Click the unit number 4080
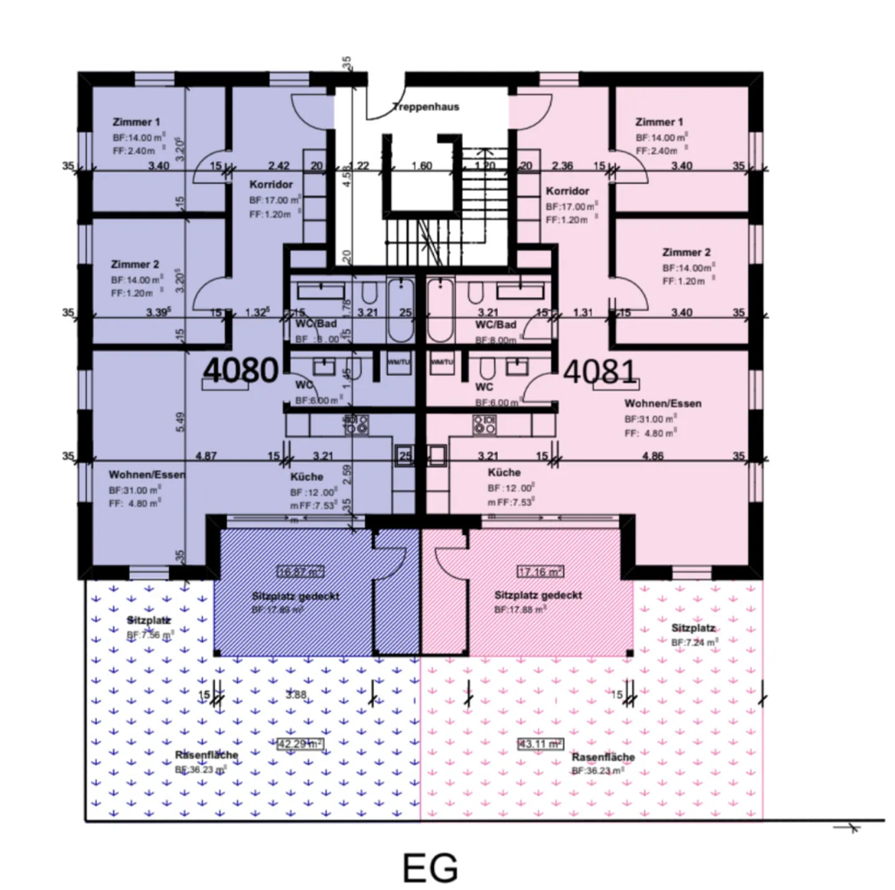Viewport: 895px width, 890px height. tap(240, 370)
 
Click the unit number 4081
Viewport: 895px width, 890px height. tap(600, 372)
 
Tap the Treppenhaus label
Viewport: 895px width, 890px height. tap(426, 107)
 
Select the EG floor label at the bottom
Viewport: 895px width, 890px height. tap(430, 868)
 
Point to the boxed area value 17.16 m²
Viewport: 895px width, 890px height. tap(540, 571)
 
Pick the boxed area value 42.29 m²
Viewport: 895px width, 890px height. tap(300, 744)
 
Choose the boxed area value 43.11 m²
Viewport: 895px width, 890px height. tap(540, 744)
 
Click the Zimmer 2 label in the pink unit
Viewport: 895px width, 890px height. tap(686, 252)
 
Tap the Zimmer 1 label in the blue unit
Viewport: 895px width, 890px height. tap(136, 122)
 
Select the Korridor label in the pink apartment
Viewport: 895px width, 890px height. tap(567, 191)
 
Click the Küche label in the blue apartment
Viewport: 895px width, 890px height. tap(306, 477)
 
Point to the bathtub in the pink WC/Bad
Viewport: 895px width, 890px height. tap(440, 310)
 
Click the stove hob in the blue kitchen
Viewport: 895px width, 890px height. tap(357, 424)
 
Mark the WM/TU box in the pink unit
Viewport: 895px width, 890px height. tap(441, 362)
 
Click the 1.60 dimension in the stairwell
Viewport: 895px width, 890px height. tap(421, 166)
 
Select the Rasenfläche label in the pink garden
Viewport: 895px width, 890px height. tap(603, 757)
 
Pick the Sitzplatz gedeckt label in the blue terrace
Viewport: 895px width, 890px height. tap(295, 596)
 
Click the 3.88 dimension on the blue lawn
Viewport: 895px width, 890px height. tap(296, 695)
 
